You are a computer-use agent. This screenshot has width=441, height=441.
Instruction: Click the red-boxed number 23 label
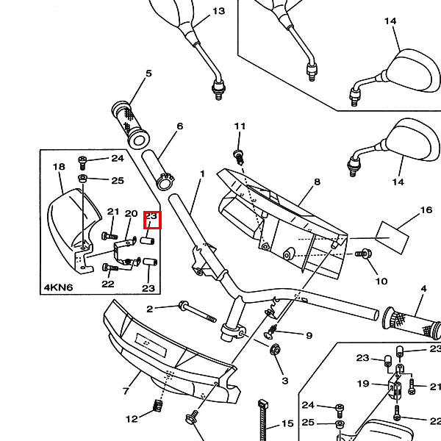151,216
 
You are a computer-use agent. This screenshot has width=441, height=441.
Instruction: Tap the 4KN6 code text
59,287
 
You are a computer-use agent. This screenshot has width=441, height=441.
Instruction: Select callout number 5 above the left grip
148,73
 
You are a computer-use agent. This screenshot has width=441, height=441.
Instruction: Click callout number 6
180,126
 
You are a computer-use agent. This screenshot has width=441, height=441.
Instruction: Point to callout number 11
240,126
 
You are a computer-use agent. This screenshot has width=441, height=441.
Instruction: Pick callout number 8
317,182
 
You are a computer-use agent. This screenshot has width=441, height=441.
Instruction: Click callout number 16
426,210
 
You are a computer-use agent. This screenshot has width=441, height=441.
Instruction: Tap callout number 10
381,282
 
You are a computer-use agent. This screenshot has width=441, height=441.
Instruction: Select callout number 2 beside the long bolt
150,309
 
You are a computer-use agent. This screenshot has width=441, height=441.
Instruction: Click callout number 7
126,391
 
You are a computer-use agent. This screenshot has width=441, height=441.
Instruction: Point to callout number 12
132,419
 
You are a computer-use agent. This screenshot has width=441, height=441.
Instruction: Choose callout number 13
218,11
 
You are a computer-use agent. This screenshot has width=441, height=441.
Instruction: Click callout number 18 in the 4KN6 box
59,167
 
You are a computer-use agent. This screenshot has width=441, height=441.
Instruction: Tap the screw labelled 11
239,158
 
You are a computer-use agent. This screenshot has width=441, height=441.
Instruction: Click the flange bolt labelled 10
364,254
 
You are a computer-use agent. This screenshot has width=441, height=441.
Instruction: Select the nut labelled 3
276,350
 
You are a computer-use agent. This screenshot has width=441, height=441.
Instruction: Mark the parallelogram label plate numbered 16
392,237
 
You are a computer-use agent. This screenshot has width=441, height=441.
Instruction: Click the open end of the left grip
139,139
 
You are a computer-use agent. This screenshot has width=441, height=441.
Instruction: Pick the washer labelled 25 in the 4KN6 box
82,179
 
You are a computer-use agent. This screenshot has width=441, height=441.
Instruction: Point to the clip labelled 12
159,406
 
